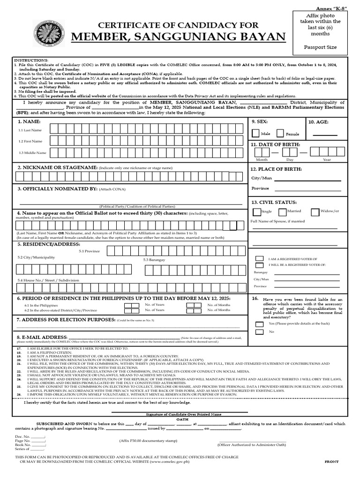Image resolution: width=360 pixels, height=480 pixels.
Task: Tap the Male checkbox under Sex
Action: pos(256,134)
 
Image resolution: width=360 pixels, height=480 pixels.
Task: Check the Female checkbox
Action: pos(280,134)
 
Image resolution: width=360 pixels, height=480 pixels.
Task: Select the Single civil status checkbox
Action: pos(256,212)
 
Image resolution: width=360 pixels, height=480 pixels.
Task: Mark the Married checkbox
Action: pos(283,212)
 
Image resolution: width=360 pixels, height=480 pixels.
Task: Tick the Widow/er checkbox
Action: pos(315,212)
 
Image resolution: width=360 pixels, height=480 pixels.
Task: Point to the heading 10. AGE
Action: pos(319,122)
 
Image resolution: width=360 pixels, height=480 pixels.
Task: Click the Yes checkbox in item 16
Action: pos(259,324)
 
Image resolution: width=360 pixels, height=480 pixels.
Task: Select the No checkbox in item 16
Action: pos(259,332)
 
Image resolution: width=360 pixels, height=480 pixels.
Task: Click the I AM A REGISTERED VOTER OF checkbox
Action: pos(259,259)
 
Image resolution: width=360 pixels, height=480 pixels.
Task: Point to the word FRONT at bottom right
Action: pos(331,462)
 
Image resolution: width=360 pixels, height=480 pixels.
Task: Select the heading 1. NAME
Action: pos(29,121)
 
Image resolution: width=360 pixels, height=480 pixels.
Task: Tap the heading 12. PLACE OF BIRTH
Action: pos(276,169)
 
